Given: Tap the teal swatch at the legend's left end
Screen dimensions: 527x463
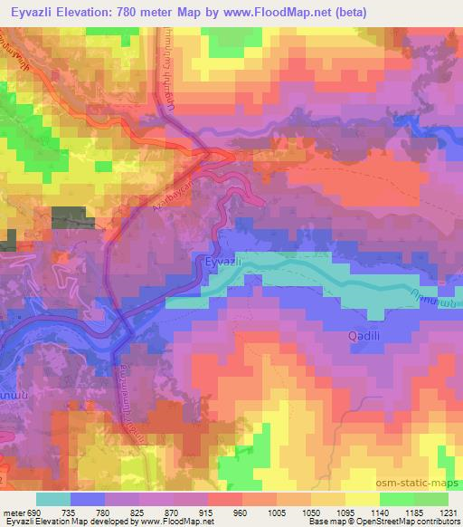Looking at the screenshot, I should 53,499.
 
